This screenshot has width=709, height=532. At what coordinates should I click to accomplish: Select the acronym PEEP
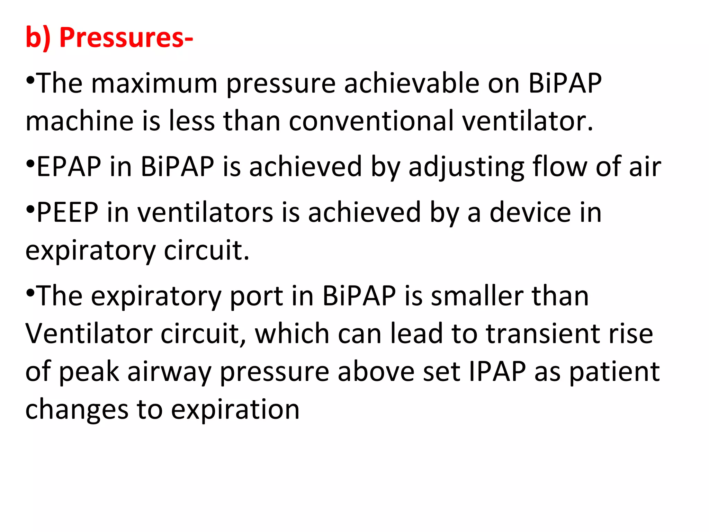tap(67, 212)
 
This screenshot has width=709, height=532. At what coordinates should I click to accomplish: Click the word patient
tap(614, 372)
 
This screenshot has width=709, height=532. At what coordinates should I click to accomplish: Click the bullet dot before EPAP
tap(30, 163)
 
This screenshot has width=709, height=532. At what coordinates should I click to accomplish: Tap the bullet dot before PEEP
tap(30, 209)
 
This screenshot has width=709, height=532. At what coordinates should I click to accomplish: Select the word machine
tap(80, 121)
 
